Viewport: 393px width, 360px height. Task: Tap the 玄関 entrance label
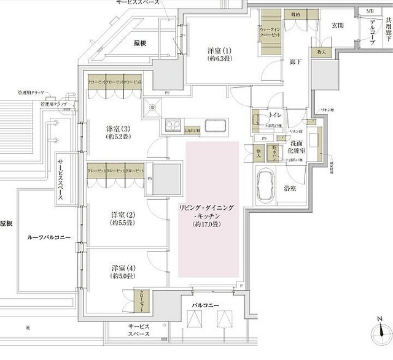[x=338, y=25]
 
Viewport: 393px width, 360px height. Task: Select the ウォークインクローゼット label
[x=270, y=33]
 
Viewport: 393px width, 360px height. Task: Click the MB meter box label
[x=369, y=11]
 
